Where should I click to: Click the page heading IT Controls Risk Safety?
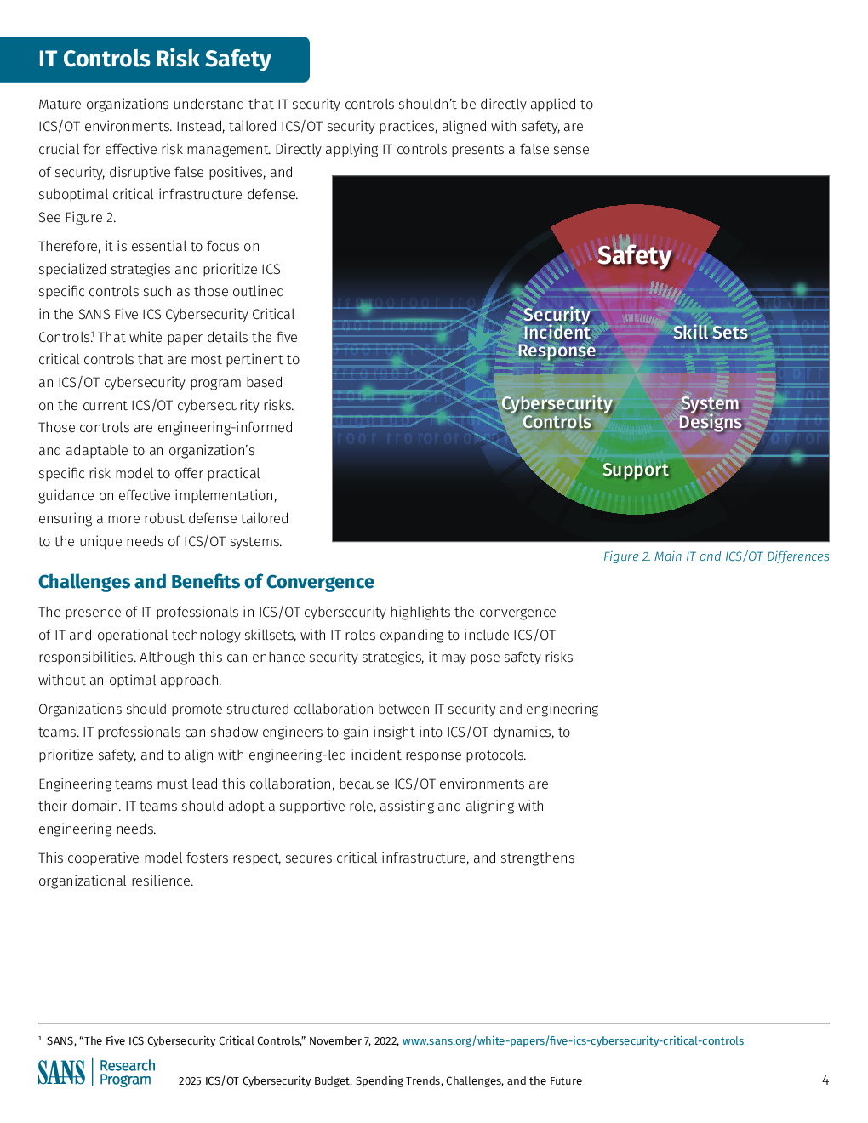(x=154, y=59)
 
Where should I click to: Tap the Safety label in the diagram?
(x=634, y=254)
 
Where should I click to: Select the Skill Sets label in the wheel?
(x=710, y=333)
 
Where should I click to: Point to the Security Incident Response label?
(x=557, y=333)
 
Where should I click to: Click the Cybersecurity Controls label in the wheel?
(x=557, y=413)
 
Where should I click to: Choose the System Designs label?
(x=710, y=413)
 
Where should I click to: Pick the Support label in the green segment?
(x=635, y=470)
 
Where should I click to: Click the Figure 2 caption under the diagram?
(x=716, y=556)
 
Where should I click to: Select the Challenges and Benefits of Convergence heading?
(x=206, y=582)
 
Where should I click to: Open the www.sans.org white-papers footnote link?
(x=573, y=1040)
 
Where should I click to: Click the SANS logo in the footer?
(x=61, y=1072)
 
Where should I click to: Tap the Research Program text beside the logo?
(x=127, y=1073)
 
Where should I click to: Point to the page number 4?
(x=825, y=1080)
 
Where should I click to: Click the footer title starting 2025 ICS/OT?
(x=380, y=1081)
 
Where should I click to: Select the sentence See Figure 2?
(x=77, y=218)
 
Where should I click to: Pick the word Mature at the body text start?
(x=60, y=105)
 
